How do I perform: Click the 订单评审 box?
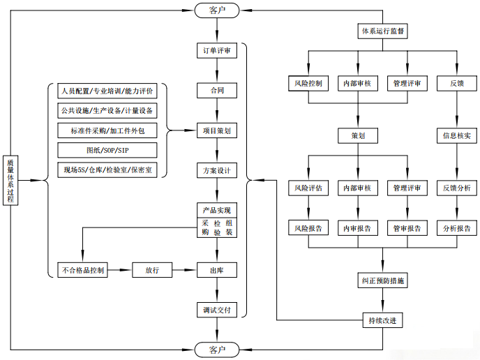(217, 51)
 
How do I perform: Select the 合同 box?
(217, 91)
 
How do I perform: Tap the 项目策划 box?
(217, 130)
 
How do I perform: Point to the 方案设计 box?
(217, 170)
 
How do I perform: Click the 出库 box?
(217, 270)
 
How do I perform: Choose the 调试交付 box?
(217, 309)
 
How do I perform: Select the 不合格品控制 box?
(84, 270)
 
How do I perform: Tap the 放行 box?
(152, 270)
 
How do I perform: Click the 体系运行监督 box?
(383, 31)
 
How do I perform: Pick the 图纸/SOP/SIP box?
(108, 150)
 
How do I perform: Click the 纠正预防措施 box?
(383, 281)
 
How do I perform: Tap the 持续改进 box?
(383, 321)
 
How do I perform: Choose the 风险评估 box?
(308, 188)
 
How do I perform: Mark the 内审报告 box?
(357, 227)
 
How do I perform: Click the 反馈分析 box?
(456, 188)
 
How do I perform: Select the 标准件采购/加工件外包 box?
(108, 130)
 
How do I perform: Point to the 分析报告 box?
(456, 227)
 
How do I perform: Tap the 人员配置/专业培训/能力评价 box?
(108, 91)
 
